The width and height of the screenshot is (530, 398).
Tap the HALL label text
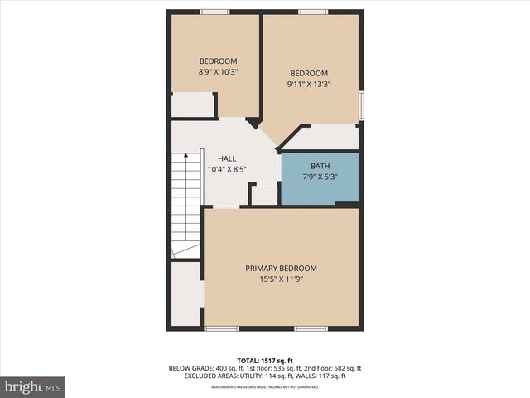[227, 158]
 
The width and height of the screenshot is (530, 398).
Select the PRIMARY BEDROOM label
[281, 269]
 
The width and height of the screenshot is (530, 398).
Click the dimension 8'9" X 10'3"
[219, 72]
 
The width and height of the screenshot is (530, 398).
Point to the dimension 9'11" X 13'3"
[309, 84]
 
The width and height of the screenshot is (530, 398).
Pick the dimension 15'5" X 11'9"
[281, 279]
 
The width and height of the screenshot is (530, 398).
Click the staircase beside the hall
[186, 203]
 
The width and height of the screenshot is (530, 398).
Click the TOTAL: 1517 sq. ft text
[265, 361]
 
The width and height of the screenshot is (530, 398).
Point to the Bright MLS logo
[33, 386]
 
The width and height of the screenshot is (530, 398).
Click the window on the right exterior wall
[360, 106]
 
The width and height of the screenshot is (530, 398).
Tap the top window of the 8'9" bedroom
[214, 12]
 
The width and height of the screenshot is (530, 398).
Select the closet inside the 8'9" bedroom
[192, 104]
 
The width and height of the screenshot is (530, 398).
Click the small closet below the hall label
[264, 195]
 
